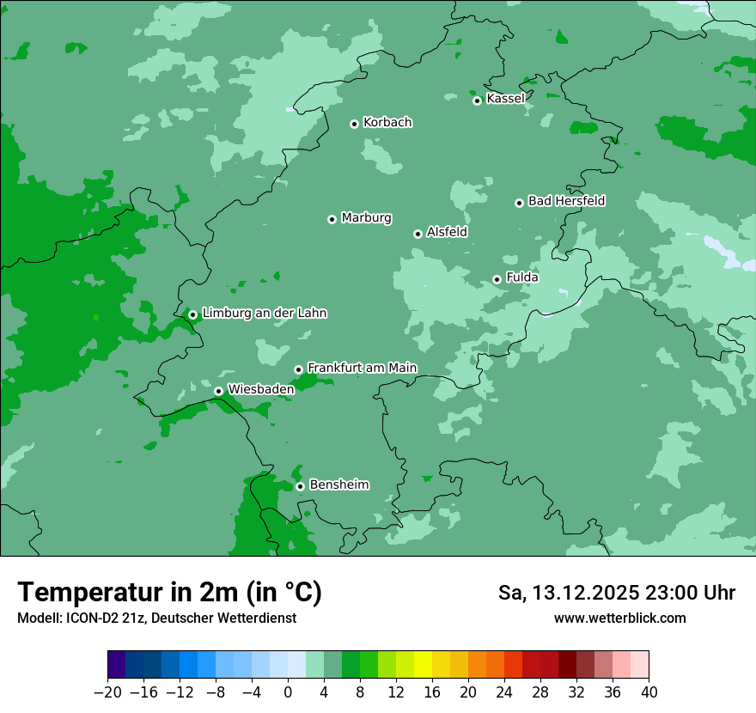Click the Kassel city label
click(x=505, y=99)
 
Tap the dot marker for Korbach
click(x=354, y=124)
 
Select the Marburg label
click(x=366, y=218)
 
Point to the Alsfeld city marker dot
click(x=418, y=234)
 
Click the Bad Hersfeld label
click(x=566, y=201)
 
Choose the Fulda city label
click(x=522, y=277)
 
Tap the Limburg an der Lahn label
click(x=264, y=314)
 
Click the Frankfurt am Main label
click(x=362, y=368)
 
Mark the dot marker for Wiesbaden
click(x=218, y=391)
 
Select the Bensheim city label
click(x=338, y=484)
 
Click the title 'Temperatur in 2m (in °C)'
click(x=169, y=592)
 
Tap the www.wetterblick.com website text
click(x=619, y=618)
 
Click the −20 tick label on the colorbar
click(x=107, y=692)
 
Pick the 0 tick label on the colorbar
click(x=288, y=692)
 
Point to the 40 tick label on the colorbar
click(x=649, y=692)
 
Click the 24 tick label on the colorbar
click(x=504, y=692)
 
